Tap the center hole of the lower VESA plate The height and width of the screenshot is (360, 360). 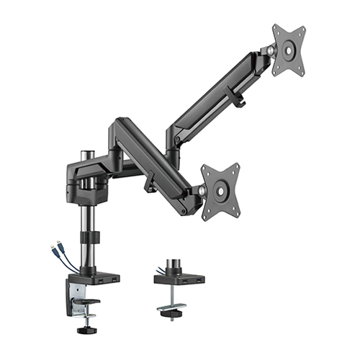pos(220,191)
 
